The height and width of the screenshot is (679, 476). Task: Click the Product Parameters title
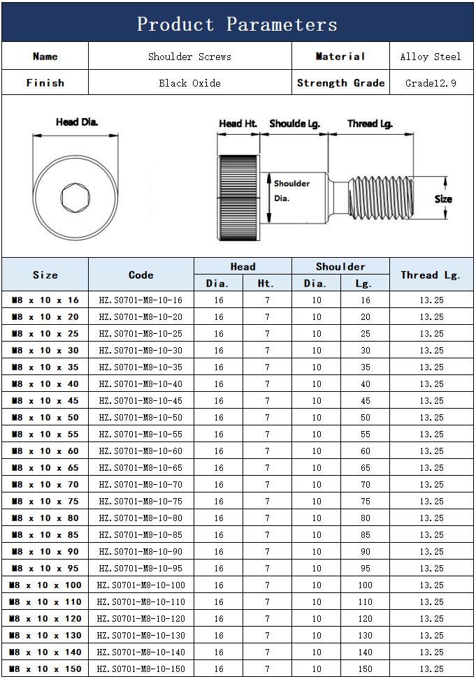(237, 24)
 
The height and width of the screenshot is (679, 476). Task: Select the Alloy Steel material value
(431, 57)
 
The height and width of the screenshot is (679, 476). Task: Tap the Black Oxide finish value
(189, 83)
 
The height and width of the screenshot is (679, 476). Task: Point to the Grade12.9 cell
(431, 83)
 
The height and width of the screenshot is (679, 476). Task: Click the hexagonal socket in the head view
(73, 197)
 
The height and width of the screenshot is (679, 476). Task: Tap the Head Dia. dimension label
(77, 122)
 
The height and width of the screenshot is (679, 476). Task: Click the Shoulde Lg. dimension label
(294, 124)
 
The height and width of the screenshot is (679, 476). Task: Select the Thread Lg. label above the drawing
(370, 124)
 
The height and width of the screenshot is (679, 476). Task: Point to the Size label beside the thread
(443, 199)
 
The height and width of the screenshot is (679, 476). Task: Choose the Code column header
(140, 275)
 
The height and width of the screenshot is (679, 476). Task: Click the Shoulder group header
(340, 267)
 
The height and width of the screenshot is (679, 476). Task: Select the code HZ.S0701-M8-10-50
(140, 418)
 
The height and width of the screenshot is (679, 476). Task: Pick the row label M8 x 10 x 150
(45, 669)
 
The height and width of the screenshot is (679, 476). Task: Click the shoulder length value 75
(366, 502)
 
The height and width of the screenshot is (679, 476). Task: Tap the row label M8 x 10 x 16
(45, 300)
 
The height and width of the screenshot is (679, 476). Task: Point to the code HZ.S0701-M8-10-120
(140, 619)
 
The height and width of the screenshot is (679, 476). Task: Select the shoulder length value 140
(366, 652)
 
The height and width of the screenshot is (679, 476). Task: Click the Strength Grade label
(340, 83)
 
